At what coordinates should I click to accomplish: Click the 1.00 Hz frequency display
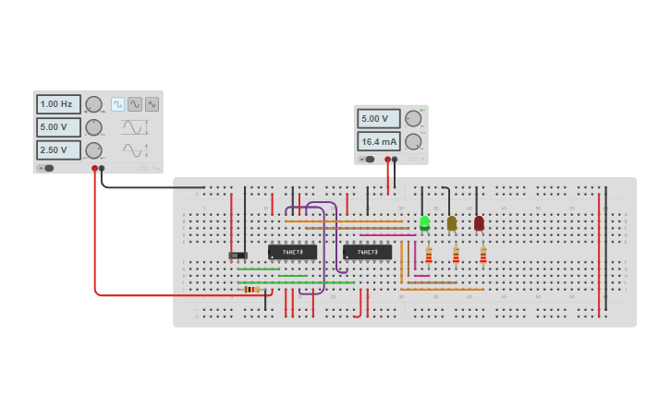[x=58, y=104]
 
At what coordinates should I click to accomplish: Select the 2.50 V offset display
[x=58, y=149]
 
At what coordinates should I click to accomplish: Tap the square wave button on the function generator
[x=117, y=104]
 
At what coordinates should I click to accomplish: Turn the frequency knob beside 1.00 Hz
[x=93, y=104]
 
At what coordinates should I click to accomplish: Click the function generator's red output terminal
[x=94, y=169]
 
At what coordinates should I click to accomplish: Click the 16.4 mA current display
[x=379, y=141]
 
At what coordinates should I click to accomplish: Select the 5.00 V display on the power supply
[x=379, y=119]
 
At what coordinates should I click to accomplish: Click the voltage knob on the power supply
[x=413, y=119]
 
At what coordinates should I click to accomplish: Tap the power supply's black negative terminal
[x=395, y=159]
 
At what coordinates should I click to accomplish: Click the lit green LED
[x=424, y=222]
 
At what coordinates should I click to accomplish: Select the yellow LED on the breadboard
[x=452, y=222]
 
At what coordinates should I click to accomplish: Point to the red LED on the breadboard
[x=479, y=222]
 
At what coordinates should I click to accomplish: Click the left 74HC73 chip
[x=292, y=251]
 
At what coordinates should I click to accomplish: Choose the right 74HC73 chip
[x=367, y=252]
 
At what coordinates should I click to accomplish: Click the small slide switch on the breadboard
[x=238, y=255]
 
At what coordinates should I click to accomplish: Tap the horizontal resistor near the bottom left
[x=251, y=289]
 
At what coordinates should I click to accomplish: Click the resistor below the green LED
[x=428, y=256]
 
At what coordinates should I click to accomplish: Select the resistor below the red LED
[x=482, y=256]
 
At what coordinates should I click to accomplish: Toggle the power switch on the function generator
[x=46, y=168]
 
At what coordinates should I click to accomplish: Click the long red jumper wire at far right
[x=599, y=254]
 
